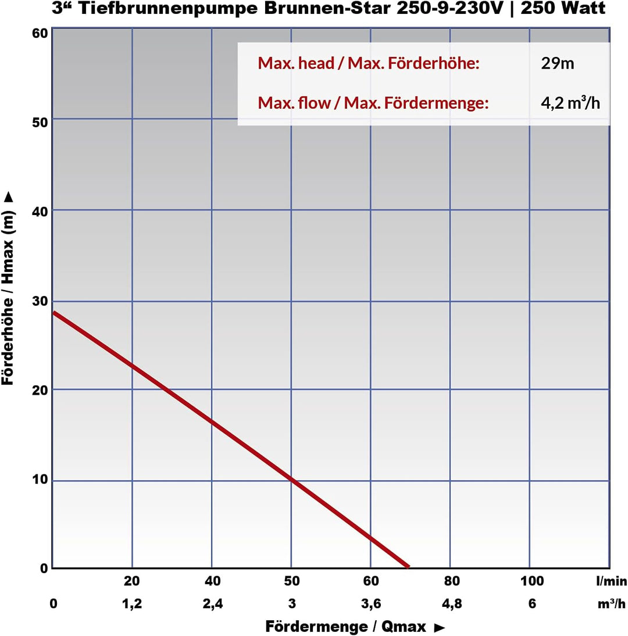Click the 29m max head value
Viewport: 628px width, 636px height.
tap(557, 63)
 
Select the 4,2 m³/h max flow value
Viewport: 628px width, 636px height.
tap(570, 103)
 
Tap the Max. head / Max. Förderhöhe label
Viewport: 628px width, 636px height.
tap(368, 63)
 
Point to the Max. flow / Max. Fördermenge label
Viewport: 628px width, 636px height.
tap(373, 103)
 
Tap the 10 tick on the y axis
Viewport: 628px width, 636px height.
tap(39, 481)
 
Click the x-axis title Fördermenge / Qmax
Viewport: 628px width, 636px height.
tap(355, 627)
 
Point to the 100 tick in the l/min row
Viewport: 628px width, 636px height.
tap(532, 581)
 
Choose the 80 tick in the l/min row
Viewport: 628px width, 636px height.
tap(452, 581)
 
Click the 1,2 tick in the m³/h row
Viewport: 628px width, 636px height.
tap(132, 603)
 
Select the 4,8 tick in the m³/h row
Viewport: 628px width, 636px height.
tap(452, 603)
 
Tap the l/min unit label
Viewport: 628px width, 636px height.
tap(611, 581)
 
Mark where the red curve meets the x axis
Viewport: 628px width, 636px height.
tap(408, 567)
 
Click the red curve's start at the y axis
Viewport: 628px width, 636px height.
tap(54, 313)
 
